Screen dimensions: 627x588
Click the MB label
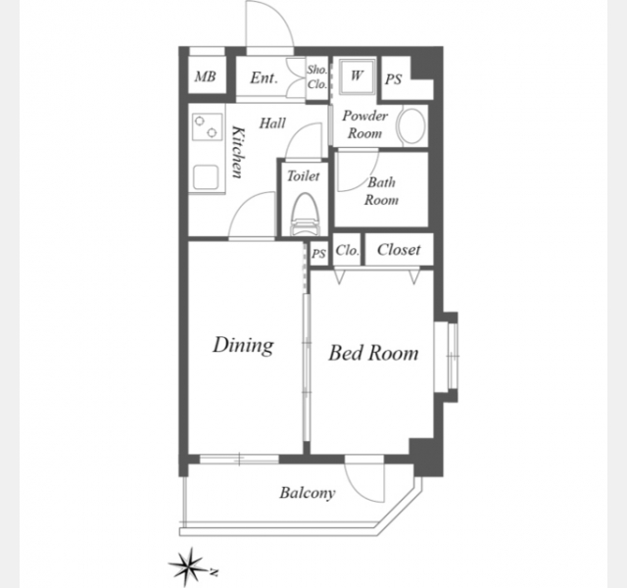(206, 76)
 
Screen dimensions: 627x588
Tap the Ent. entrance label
(264, 77)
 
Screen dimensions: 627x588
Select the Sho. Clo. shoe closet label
(317, 76)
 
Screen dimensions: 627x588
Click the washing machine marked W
(357, 76)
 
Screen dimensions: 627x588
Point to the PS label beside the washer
(393, 79)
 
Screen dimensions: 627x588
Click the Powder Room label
(364, 124)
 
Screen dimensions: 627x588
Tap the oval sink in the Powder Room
(412, 125)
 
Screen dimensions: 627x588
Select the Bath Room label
(381, 191)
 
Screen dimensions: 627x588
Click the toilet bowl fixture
(306, 215)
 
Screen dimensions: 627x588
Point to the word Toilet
(304, 176)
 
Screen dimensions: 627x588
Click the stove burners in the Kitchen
(207, 126)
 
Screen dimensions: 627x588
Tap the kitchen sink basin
(206, 177)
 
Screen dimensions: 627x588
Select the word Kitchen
(237, 152)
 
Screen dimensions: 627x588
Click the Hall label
(272, 122)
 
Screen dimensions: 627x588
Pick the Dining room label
(243, 345)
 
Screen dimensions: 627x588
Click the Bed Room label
(373, 353)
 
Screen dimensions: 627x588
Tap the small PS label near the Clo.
(318, 254)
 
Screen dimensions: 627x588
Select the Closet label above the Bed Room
(399, 250)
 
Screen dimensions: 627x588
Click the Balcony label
(307, 492)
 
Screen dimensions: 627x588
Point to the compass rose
(189, 567)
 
